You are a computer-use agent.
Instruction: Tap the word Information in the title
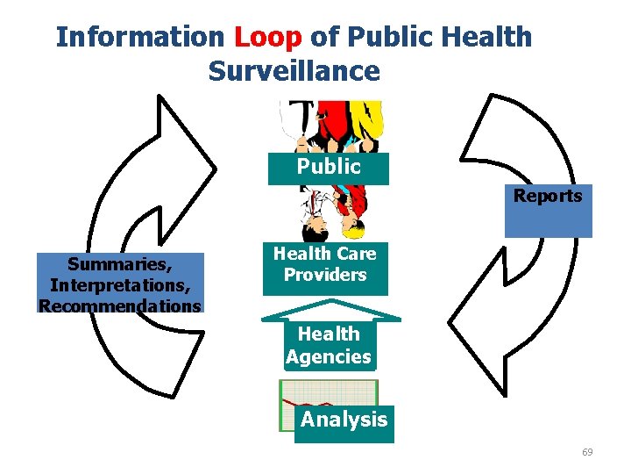[140, 37]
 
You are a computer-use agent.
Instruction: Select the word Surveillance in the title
[294, 71]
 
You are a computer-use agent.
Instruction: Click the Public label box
[329, 167]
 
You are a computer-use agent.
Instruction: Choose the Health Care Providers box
[324, 265]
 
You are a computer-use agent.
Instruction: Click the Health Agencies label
[329, 345]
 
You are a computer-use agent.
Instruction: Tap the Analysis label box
[344, 420]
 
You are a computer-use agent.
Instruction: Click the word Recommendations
[119, 305]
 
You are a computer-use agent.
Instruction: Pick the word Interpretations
[119, 284]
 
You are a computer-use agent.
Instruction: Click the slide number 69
[587, 452]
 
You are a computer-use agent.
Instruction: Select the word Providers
[324, 275]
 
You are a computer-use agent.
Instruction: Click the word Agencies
[329, 356]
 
